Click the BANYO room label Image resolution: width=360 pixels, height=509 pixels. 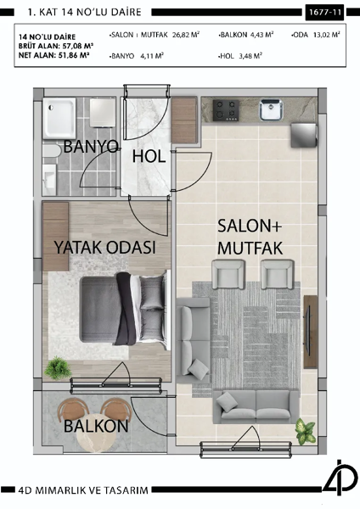[91, 146]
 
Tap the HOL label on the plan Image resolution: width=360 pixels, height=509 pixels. [149, 156]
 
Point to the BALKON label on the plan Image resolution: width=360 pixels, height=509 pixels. [96, 425]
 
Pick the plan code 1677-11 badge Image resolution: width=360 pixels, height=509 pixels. [325, 13]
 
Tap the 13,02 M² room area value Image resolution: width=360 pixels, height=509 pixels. [327, 36]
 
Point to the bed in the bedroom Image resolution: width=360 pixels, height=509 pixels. [110, 310]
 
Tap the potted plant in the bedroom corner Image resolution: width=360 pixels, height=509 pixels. [59, 368]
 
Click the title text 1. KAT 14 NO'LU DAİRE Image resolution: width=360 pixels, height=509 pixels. [86, 13]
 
